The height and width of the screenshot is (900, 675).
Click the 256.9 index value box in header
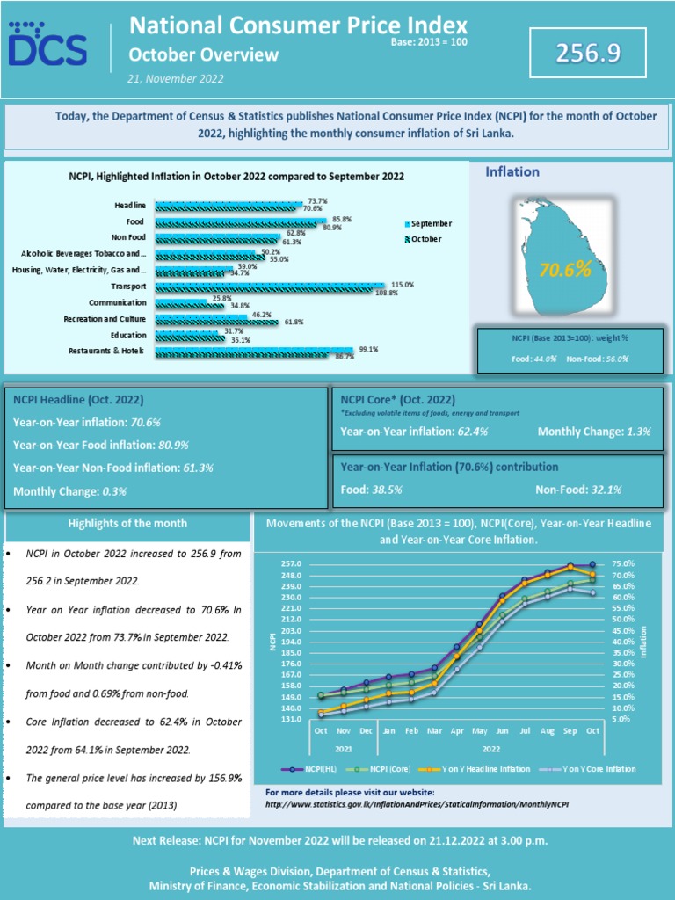[x=587, y=54]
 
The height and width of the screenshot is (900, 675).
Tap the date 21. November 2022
[x=176, y=78]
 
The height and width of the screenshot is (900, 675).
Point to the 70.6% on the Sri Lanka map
[x=564, y=270]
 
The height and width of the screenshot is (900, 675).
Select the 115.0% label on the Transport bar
[x=402, y=285]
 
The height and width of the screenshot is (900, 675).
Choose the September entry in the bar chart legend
[x=431, y=223]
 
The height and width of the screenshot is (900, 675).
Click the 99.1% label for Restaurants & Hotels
[x=367, y=349]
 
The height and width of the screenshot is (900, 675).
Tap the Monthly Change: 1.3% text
[x=593, y=432]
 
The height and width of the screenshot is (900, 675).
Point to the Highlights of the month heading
[x=127, y=523]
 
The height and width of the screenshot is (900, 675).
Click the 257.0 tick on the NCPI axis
[x=290, y=563]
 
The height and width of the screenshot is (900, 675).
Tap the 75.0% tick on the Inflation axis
[x=622, y=563]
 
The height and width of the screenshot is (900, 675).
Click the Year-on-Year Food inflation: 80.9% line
[x=101, y=445]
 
